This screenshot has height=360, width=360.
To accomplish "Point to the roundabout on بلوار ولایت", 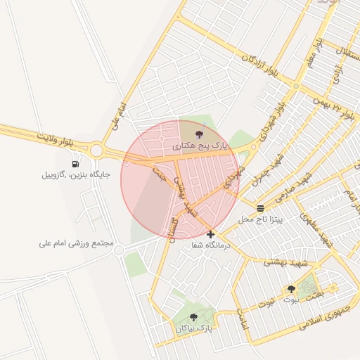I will pos(96,149).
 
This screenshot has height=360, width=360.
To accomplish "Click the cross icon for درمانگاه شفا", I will pos(210,234).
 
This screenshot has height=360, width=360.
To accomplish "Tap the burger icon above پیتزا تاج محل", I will pos(261,208).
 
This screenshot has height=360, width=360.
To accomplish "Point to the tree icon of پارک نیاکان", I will pos(194,318).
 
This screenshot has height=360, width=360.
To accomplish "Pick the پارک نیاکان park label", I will pos(194,328).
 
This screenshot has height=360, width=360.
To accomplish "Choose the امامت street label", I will pos(243,320).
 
